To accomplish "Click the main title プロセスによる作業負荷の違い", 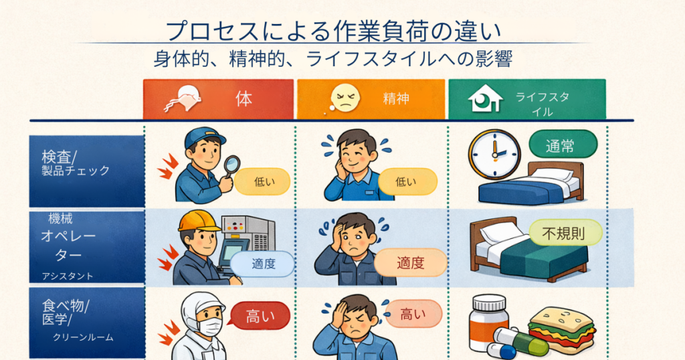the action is [333, 31].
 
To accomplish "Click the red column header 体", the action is [219, 99].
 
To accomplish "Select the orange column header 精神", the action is [371, 99].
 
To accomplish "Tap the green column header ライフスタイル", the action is [527, 99].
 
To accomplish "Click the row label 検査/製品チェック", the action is [76, 163].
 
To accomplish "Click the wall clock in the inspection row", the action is [494, 154].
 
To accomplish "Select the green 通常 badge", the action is [563, 145].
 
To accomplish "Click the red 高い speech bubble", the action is [260, 315].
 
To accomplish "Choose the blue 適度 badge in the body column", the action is [262, 264].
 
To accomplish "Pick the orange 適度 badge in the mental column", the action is [411, 262].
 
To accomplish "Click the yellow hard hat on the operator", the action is [199, 221].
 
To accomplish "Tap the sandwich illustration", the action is [562, 329].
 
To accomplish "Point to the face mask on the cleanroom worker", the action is [209, 325].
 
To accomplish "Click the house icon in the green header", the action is [485, 98].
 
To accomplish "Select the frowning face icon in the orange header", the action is [345, 98].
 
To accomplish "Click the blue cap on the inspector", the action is [205, 137].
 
